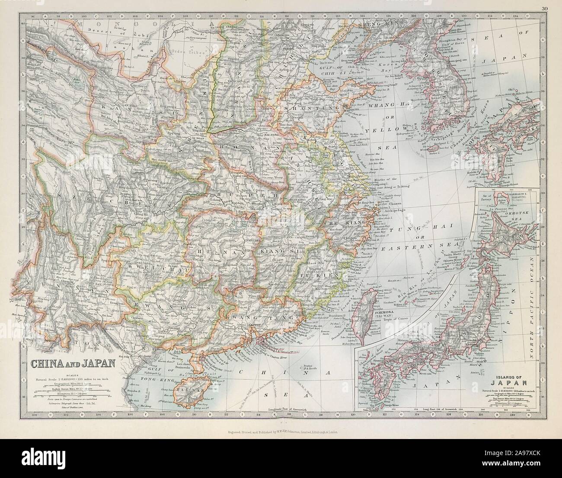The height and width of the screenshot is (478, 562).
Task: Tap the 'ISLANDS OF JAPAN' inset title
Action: tap(511, 379)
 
